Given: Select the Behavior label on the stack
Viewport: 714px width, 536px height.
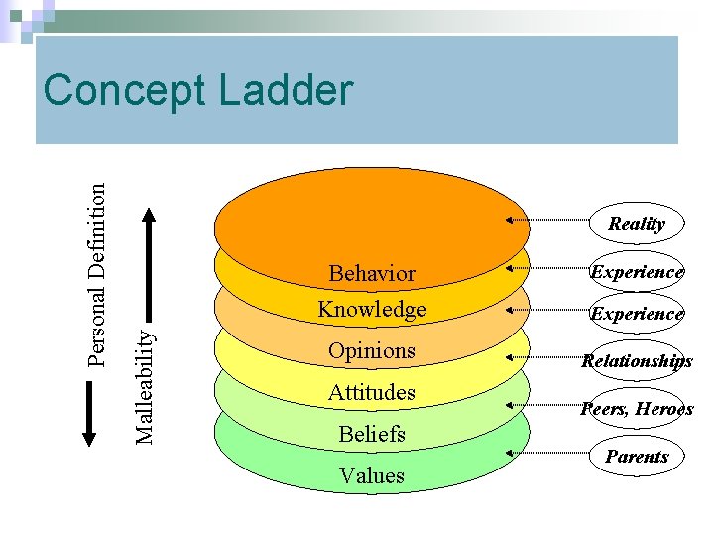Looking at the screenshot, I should [x=372, y=273].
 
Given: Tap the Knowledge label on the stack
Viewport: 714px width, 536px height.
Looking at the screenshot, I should [x=372, y=310].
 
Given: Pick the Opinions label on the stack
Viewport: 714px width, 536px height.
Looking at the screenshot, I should [x=372, y=351].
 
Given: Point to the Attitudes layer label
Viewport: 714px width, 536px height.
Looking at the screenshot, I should [x=372, y=393].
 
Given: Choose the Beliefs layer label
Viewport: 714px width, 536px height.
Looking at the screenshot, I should [x=372, y=434].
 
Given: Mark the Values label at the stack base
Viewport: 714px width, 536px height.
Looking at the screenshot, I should [x=372, y=475].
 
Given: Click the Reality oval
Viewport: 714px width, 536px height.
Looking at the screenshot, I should [x=637, y=223].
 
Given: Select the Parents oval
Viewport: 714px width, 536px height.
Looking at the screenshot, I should [x=637, y=457].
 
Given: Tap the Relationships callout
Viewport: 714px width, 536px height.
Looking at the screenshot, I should [x=637, y=361].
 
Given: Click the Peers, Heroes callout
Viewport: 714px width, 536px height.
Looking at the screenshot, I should [x=637, y=408].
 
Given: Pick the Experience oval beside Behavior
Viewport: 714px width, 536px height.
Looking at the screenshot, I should [x=637, y=271].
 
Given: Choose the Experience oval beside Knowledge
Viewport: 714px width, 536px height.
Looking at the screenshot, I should [x=637, y=314].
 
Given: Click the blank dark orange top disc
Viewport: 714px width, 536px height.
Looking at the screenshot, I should [x=372, y=213].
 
